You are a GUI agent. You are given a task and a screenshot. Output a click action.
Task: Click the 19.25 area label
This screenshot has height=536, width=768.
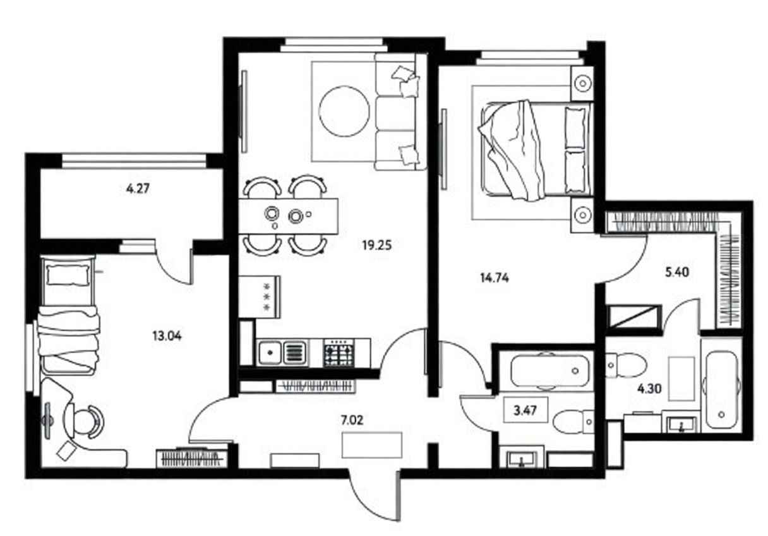click(377, 245)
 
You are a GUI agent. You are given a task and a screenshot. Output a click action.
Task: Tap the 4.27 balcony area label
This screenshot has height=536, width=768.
click(138, 189)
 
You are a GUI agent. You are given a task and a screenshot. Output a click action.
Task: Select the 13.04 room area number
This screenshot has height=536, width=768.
click(167, 336)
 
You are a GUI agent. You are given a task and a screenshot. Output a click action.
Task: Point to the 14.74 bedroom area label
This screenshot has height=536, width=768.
click(495, 278)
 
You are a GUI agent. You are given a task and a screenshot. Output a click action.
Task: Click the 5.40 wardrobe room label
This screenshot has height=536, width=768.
click(677, 272)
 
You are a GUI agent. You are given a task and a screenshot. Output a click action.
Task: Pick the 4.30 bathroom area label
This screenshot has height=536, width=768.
click(649, 389)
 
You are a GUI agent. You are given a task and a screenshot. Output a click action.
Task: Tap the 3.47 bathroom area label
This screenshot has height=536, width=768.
click(525, 410)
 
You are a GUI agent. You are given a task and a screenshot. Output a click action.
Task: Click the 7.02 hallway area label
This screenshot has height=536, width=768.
click(352, 420)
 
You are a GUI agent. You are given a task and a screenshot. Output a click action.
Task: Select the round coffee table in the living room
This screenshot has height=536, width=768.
click(344, 111)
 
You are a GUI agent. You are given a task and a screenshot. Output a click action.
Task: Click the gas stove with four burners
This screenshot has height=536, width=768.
click(339, 353)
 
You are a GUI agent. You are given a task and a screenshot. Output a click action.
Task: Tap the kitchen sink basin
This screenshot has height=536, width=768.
click(270, 353)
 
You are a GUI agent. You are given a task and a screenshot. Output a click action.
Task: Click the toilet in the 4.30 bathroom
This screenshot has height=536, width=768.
click(625, 365)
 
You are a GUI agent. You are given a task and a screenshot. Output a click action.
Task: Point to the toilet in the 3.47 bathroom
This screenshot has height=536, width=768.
click(573, 422)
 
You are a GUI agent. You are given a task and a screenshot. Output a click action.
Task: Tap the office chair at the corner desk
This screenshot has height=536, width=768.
click(85, 422)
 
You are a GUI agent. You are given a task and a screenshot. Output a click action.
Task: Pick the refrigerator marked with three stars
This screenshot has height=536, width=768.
click(260, 297)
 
